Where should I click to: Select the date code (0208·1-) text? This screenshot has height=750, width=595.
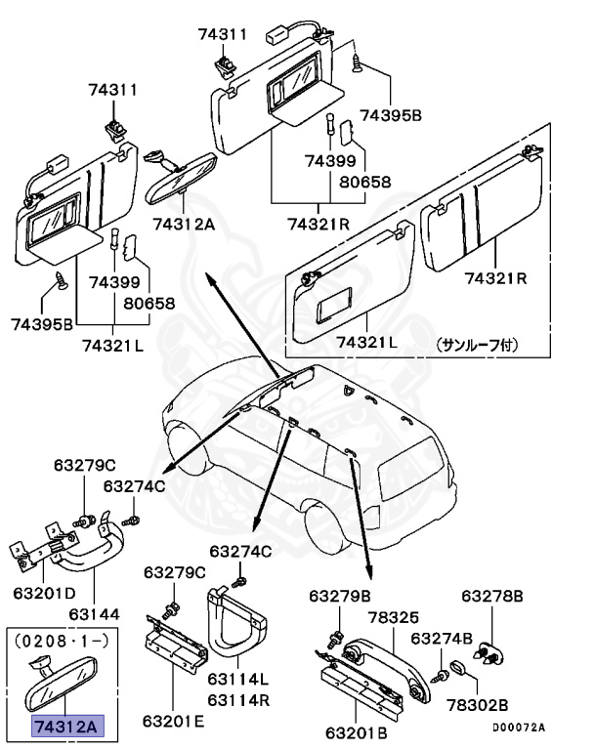click(x=63, y=646)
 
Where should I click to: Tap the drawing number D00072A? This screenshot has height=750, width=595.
click(x=518, y=728)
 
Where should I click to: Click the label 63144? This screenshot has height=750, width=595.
click(x=94, y=614)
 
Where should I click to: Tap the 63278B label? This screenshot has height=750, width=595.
click(x=492, y=596)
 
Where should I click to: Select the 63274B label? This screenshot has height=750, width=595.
click(x=441, y=638)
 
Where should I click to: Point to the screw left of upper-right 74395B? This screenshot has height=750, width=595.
click(x=358, y=64)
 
